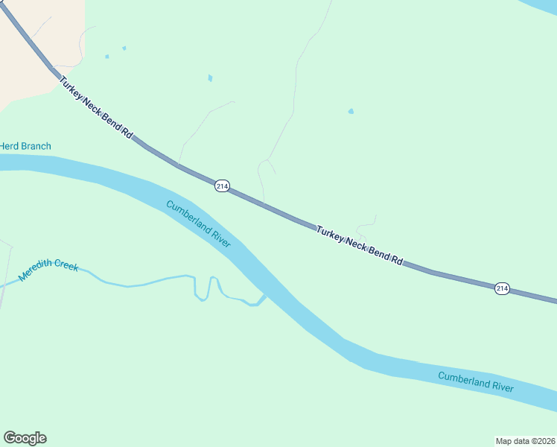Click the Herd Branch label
pos(25,146)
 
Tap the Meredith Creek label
pos(48,270)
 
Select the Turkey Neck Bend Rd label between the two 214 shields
pos(360,244)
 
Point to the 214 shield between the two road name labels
pos(221,186)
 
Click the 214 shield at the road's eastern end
pos(502,288)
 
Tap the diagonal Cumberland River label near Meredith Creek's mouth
pos(199,224)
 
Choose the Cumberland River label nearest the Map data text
pos(476,381)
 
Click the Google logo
pos(25,438)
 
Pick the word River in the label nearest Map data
pos(501,386)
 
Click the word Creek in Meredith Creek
pos(67,266)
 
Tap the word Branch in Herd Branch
pos(36,146)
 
